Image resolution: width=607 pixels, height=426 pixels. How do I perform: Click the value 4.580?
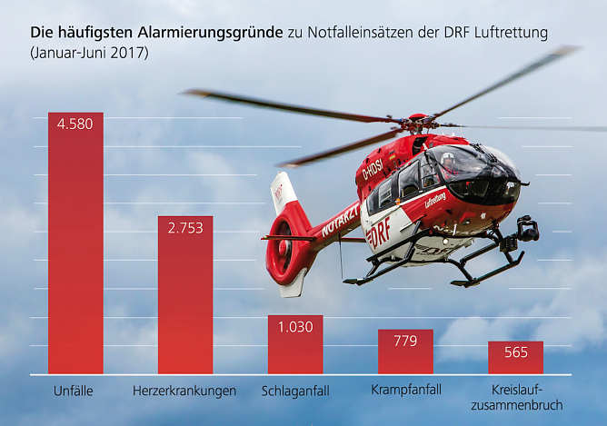75,124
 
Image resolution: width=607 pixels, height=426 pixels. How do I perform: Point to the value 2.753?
185,228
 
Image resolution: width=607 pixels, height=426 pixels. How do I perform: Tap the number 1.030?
295,327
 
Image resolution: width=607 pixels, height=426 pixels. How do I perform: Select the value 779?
405,341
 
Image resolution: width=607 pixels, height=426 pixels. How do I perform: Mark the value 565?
515,352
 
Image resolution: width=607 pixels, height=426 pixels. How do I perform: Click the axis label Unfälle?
75,391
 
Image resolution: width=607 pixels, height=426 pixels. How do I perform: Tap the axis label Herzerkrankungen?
184,391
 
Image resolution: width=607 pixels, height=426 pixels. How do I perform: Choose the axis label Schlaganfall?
295,391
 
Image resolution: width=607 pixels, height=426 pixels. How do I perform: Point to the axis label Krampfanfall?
406,390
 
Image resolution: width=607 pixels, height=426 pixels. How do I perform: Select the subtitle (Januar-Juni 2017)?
88,53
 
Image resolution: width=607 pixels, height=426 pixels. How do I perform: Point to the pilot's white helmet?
447,159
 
